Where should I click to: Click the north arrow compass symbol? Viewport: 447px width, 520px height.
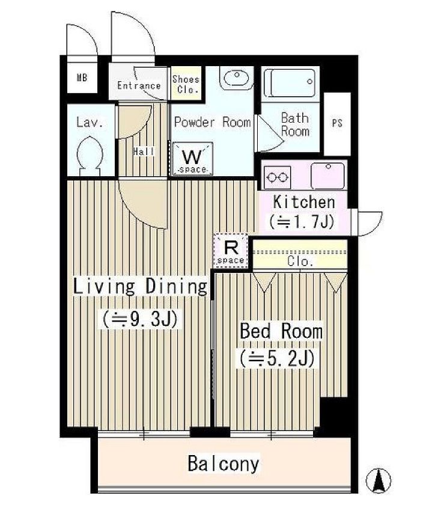[378, 480]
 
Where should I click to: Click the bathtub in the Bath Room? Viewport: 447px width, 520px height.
[290, 82]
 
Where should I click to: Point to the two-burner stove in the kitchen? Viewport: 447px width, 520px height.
[278, 178]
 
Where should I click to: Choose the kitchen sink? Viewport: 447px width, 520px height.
[327, 176]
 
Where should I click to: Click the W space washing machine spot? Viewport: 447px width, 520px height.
[192, 159]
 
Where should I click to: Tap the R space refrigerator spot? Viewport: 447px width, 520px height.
[231, 251]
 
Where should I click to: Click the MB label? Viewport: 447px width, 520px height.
[82, 78]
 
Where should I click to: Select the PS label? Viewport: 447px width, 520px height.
[337, 123]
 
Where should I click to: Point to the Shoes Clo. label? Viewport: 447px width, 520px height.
[186, 84]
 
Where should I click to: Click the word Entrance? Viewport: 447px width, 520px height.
[139, 85]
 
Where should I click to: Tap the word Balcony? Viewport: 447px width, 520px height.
[223, 463]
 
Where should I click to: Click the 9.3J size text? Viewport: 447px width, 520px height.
[140, 319]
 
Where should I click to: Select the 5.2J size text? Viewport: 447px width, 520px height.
[278, 358]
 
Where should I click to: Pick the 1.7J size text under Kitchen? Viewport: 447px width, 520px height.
[302, 222]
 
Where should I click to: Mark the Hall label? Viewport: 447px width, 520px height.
[144, 152]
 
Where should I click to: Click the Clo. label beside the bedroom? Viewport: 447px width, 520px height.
[300, 262]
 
